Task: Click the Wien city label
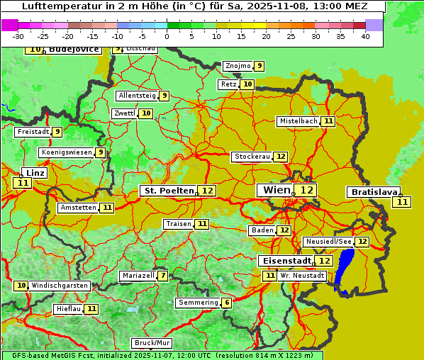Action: pyautogui.click(x=277, y=190)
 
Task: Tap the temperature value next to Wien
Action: pyautogui.click(x=306, y=190)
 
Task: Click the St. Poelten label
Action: pyautogui.click(x=168, y=191)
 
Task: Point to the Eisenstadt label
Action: pyautogui.click(x=284, y=261)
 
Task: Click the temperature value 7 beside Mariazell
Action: pyautogui.click(x=163, y=276)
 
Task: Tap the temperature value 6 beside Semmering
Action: pyautogui.click(x=226, y=303)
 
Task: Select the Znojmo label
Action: pyautogui.click(x=238, y=66)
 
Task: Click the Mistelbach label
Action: pyautogui.click(x=299, y=121)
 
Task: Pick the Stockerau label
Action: pyautogui.click(x=252, y=157)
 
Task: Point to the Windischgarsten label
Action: pyautogui.click(x=60, y=286)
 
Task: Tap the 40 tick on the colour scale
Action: pyautogui.click(x=365, y=36)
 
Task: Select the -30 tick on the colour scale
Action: pyautogui.click(x=18, y=36)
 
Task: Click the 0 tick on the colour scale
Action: pyautogui.click(x=167, y=36)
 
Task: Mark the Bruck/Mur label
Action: pyautogui.click(x=152, y=343)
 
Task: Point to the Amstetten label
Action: pyautogui.click(x=78, y=208)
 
